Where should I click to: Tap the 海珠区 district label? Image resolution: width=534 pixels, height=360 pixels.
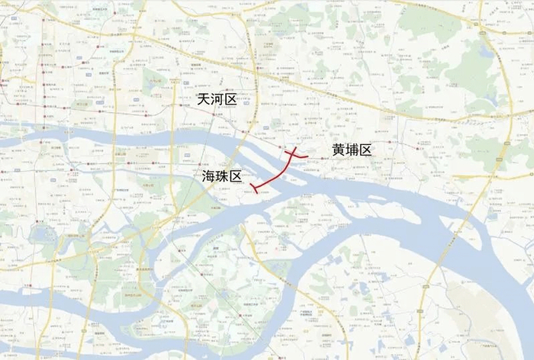(x=222, y=176)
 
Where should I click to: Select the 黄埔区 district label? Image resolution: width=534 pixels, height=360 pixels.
(x=352, y=150)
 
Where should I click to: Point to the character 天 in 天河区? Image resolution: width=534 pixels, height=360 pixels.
(x=204, y=100)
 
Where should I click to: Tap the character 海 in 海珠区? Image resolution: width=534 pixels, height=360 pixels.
(x=209, y=176)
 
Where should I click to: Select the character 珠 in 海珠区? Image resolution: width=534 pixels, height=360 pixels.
(x=222, y=176)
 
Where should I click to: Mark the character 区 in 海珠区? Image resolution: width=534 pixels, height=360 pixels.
(x=236, y=176)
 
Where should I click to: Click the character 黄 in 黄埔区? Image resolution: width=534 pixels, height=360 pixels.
(x=339, y=150)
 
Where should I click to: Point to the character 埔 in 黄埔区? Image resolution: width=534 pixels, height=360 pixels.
(x=352, y=150)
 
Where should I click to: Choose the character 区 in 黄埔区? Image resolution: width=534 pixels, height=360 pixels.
(x=365, y=150)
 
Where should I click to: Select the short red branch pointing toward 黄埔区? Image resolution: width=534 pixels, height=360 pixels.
(x=302, y=156)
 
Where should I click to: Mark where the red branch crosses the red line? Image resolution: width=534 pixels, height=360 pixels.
(x=291, y=155)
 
